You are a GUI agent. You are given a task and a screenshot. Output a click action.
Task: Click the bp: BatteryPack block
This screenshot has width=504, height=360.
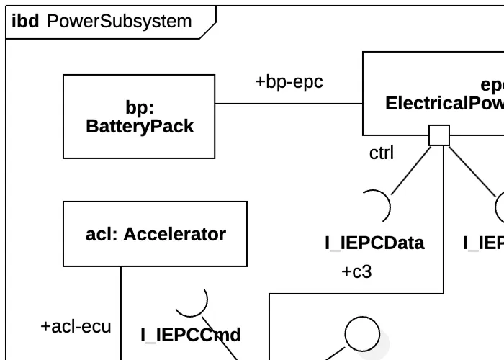tap(138, 116)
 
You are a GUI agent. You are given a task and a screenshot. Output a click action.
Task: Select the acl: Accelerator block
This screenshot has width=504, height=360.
tap(155, 234)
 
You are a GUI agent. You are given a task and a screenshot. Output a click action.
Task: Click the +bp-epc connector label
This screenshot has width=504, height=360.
tap(289, 82)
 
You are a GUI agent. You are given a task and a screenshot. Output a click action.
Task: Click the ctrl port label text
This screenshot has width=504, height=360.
tap(382, 153)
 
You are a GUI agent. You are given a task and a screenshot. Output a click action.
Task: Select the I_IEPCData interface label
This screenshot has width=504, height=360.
tap(374, 243)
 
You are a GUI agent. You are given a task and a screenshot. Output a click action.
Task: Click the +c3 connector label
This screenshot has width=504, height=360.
tap(356, 272)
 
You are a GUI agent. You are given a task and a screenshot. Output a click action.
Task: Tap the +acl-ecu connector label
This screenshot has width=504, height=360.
tap(76, 326)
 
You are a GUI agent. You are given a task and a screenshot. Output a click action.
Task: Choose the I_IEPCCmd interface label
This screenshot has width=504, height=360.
tap(190, 335)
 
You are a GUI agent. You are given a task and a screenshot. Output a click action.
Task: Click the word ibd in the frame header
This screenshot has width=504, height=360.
tap(25, 22)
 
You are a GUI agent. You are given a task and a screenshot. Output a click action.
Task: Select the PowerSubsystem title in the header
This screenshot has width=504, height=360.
tap(119, 22)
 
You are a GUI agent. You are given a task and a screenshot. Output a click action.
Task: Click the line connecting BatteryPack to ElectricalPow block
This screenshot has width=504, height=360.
tap(288, 104)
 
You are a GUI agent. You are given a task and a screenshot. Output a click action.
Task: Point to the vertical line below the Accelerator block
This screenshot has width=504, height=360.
tap(121, 310)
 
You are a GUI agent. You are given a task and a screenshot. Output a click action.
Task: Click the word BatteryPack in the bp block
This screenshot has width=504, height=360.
tap(140, 127)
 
